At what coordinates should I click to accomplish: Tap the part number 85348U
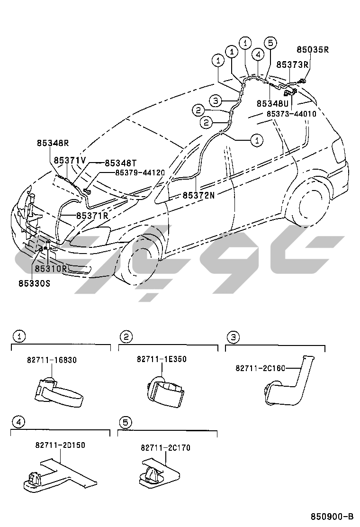[x=273, y=103]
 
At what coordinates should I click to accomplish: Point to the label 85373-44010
[x=291, y=114]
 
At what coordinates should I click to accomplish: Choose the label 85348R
[x=53, y=142]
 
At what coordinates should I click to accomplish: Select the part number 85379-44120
[x=140, y=173]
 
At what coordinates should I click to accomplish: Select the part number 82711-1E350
[x=162, y=359]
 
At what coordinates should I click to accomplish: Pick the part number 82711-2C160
[x=261, y=368]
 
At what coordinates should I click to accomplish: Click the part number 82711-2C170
[x=165, y=447]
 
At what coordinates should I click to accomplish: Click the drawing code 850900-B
[x=332, y=516]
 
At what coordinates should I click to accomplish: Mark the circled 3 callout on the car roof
[x=216, y=100]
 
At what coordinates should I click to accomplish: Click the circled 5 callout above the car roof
[x=270, y=42]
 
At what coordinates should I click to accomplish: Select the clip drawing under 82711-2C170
[x=157, y=474]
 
